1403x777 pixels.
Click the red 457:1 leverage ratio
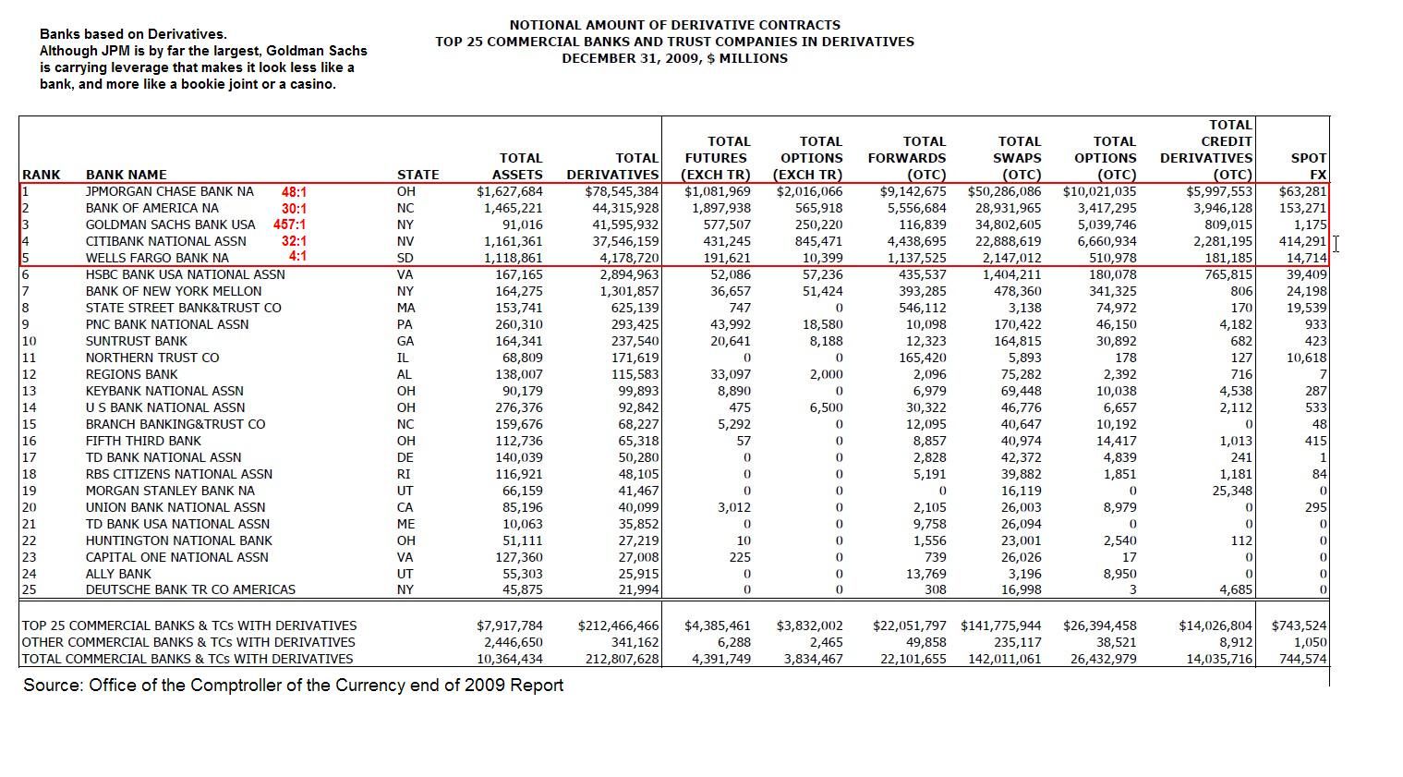pos(289,225)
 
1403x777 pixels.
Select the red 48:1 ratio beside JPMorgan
pos(294,192)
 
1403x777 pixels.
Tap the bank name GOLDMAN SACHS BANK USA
pos(170,225)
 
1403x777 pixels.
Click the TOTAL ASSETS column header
pos(520,166)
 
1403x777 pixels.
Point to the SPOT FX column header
pos(1309,166)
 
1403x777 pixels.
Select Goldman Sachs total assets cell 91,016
pos(522,225)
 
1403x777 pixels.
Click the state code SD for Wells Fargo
pos(405,258)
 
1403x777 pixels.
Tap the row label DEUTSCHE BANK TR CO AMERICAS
pos(190,589)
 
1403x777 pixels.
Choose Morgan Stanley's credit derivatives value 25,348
pos(1232,491)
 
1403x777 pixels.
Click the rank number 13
pos(29,391)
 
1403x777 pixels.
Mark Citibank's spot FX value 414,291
pos(1302,241)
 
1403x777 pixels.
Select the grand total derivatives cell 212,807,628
pos(622,659)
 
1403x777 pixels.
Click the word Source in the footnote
pos(52,686)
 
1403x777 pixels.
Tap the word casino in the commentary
pos(311,84)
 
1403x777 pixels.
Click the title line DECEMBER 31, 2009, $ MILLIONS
pos(674,58)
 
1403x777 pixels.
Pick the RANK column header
pos(41,175)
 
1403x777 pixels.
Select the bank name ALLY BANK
pos(118,574)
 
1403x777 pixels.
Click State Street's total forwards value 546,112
pos(922,308)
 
